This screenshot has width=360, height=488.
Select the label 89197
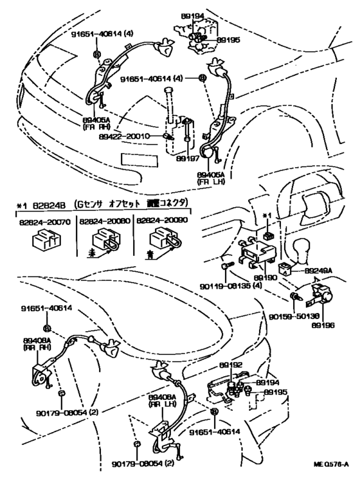pos(186,157)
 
